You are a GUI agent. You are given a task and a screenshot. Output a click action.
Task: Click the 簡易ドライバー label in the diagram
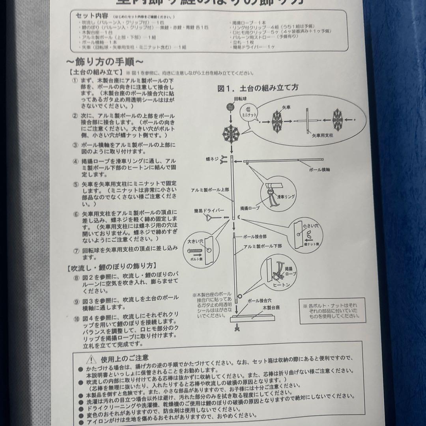tap(204, 211)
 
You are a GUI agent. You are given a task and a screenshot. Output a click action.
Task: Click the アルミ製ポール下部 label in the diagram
tap(263, 245)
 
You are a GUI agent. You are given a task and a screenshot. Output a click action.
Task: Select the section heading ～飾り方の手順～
tap(105, 62)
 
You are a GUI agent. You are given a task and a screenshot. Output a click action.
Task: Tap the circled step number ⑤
tap(75, 184)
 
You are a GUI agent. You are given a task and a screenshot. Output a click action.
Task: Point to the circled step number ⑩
tap(76, 320)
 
